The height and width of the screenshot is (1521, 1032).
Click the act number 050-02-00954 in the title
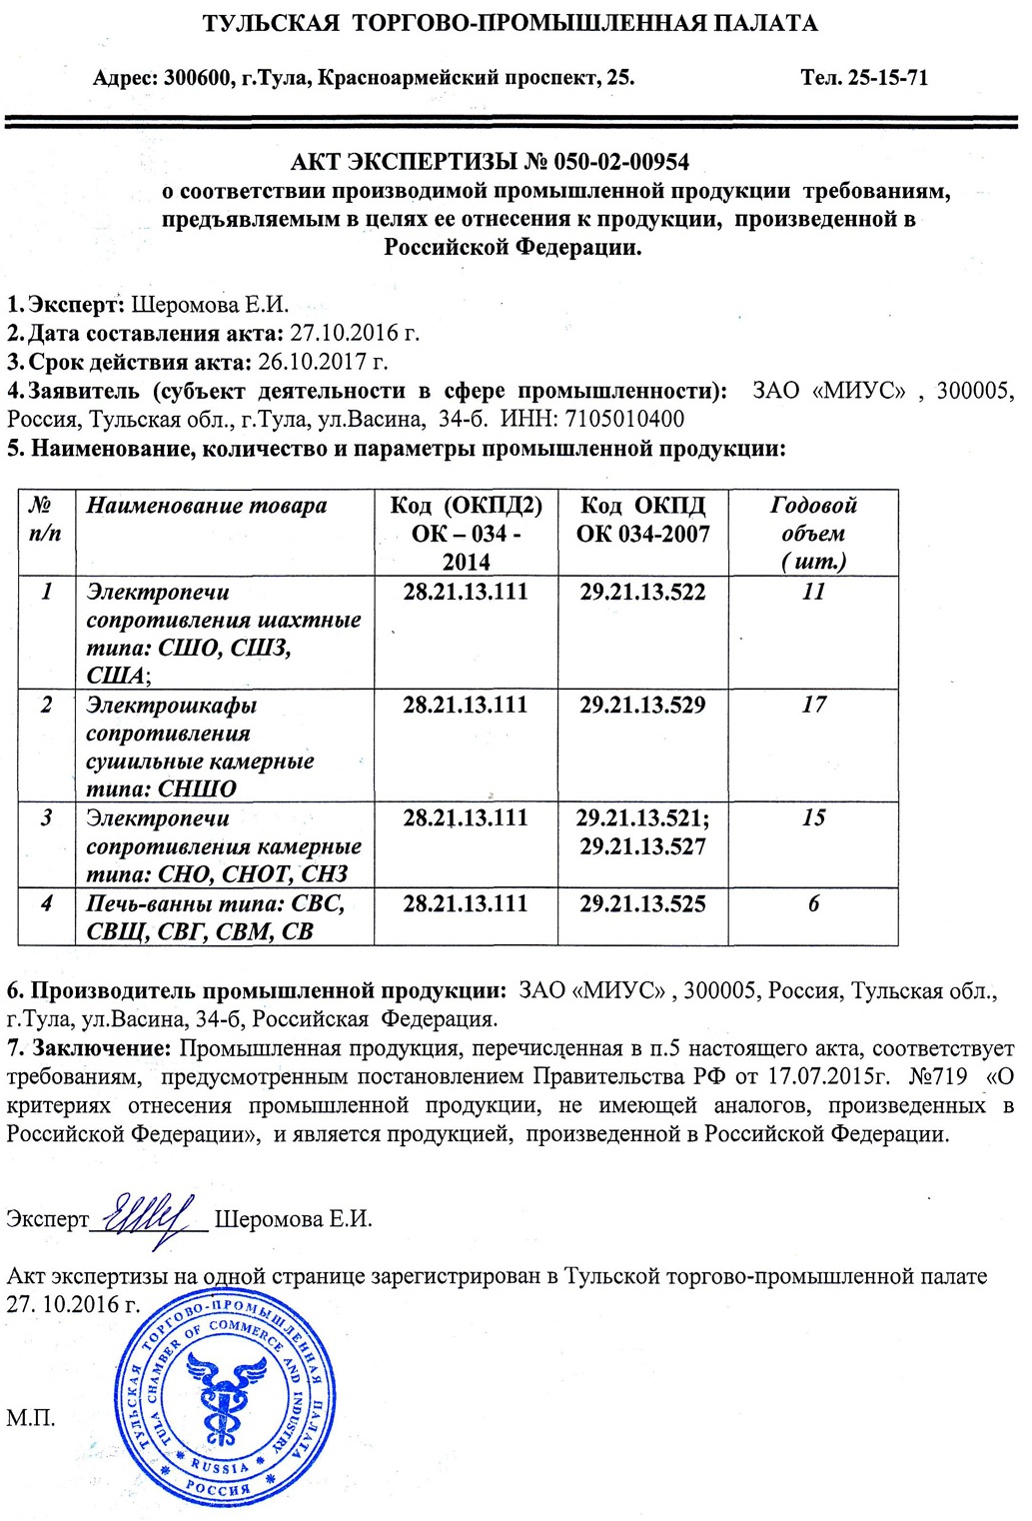tap(621, 162)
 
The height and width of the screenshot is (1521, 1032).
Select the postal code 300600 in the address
tap(199, 77)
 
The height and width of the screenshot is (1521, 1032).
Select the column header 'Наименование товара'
tap(207, 506)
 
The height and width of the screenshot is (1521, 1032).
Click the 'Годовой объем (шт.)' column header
tap(813, 533)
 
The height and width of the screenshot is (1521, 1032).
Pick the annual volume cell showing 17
tap(813, 706)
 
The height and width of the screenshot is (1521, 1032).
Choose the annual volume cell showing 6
tap(813, 904)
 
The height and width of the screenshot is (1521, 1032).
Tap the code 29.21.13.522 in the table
tap(642, 593)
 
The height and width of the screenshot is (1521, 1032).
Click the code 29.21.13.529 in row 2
tap(642, 706)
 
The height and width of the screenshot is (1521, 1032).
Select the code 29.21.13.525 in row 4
tap(642, 904)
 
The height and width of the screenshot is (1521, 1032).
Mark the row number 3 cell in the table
tap(47, 818)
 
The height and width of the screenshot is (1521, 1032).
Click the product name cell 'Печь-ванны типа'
tap(215, 917)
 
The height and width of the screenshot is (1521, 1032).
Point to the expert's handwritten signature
tap(150, 1218)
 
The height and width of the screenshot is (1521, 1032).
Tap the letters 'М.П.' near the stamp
tap(30, 1418)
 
